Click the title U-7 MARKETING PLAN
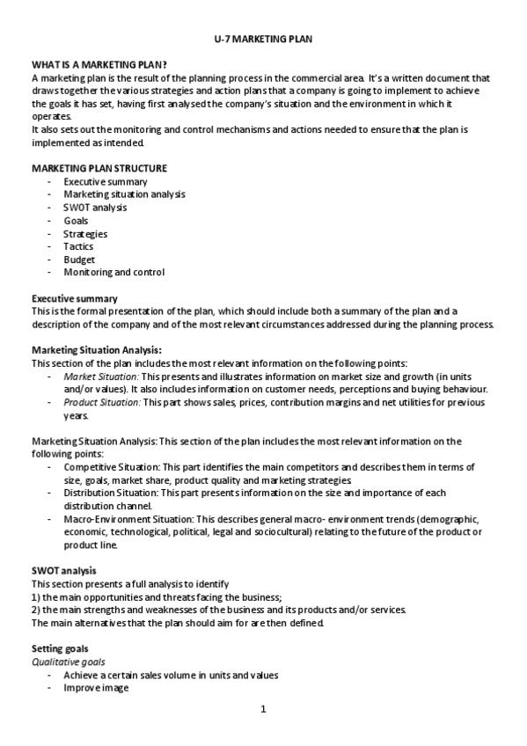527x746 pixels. click(x=262, y=40)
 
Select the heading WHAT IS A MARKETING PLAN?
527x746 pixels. click(x=99, y=65)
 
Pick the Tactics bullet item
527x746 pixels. click(x=78, y=247)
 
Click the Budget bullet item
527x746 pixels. click(x=79, y=260)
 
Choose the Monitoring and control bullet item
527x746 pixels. click(x=113, y=273)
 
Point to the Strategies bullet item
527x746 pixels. click(x=85, y=234)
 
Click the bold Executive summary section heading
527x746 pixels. click(x=75, y=298)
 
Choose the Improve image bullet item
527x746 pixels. click(x=96, y=688)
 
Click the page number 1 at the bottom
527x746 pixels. click(x=263, y=709)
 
